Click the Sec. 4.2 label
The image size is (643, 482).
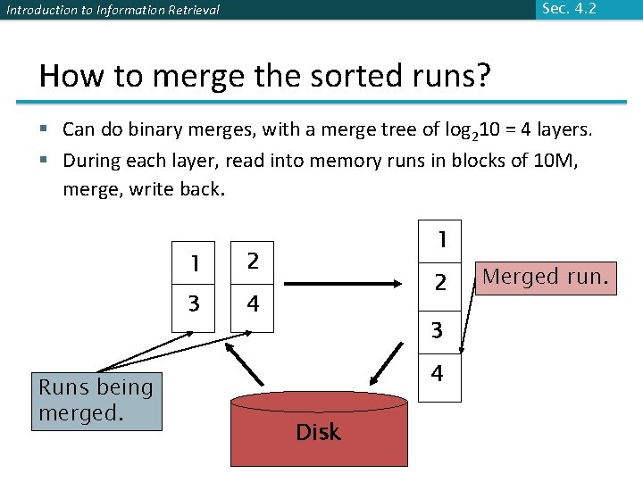coord(568,9)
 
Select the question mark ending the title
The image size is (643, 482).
coord(482,75)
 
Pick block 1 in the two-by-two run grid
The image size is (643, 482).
coord(194,263)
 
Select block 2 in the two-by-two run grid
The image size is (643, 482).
coord(253,262)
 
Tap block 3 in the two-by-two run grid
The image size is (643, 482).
coord(194,305)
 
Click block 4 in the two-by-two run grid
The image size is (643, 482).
coord(253,305)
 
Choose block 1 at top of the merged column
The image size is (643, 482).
coord(439,241)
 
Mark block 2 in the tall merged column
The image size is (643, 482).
coord(439,284)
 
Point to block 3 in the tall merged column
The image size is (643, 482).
coord(438,329)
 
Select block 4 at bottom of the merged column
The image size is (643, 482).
coord(438,374)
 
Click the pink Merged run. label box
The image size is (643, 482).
coord(545,278)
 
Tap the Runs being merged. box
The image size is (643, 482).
coord(96,401)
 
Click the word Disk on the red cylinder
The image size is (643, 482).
coord(318,433)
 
